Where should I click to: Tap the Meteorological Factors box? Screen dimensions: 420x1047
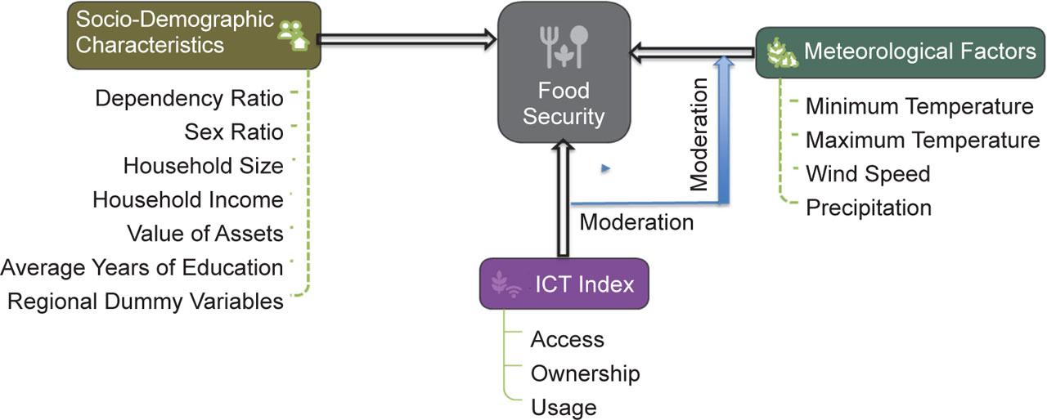click(900, 52)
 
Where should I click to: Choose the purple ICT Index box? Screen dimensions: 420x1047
click(564, 284)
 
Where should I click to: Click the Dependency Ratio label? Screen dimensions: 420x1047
click(189, 99)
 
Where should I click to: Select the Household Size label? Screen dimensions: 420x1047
click(204, 166)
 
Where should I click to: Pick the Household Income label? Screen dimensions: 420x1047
click(188, 199)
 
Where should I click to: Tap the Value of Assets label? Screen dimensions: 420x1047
click(205, 234)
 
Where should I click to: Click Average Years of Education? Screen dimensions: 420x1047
click(142, 267)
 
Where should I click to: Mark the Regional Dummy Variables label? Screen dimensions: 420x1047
click(146, 302)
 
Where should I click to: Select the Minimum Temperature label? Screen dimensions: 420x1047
click(919, 106)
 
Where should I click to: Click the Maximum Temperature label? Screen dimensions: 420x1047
click(923, 140)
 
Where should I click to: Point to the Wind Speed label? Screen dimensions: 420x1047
click(868, 174)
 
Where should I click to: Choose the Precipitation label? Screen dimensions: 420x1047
click(869, 208)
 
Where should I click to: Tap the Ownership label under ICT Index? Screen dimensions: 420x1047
click(585, 373)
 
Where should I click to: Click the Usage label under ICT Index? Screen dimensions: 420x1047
click(564, 407)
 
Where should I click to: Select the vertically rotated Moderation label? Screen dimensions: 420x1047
click(699, 136)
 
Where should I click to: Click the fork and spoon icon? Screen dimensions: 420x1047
click(564, 47)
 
